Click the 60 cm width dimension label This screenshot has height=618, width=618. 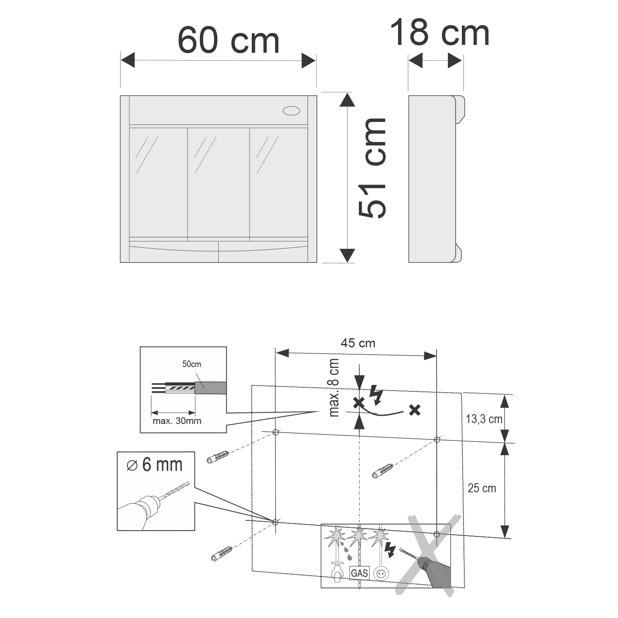pyautogui.click(x=229, y=40)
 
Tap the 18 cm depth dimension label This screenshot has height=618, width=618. pyautogui.click(x=440, y=33)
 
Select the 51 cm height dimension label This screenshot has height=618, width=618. pyautogui.click(x=372, y=168)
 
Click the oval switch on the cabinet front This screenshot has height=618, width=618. pyautogui.click(x=291, y=110)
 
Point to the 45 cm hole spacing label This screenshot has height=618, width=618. pyautogui.click(x=358, y=343)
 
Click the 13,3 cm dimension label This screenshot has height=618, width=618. pyautogui.click(x=484, y=419)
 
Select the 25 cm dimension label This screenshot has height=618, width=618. pyautogui.click(x=482, y=488)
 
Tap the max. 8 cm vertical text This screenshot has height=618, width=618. pyautogui.click(x=334, y=388)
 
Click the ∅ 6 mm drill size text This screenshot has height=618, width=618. pyautogui.click(x=155, y=465)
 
